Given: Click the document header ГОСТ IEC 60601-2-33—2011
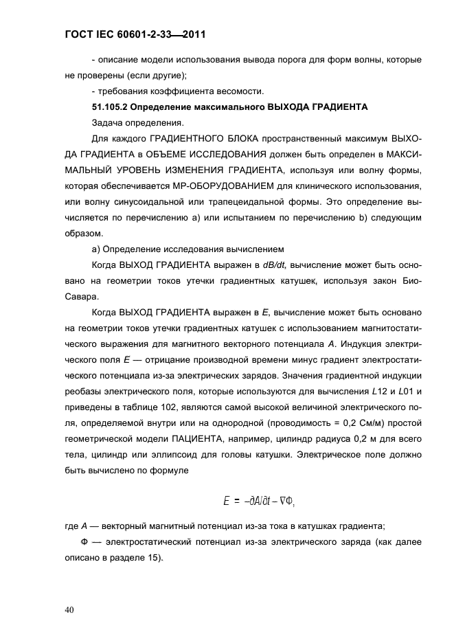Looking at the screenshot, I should click(x=136, y=34).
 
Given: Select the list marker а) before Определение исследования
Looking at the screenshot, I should click(x=96, y=249).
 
